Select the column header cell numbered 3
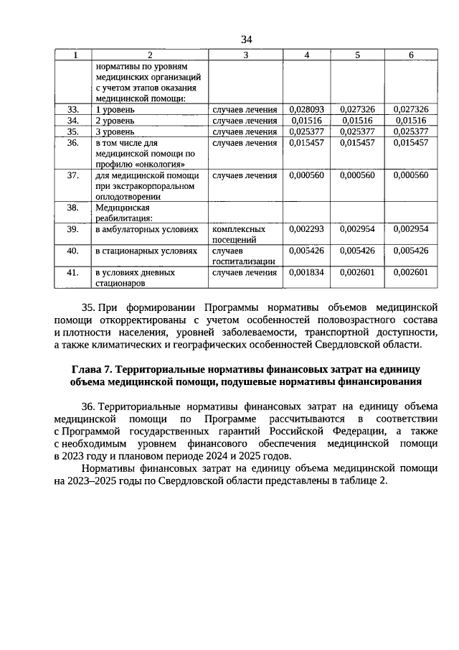point(245,55)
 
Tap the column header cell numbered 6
point(410,55)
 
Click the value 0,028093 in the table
point(307,110)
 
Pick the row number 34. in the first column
point(72,121)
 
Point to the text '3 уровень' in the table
point(114,132)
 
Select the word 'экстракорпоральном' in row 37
point(145,186)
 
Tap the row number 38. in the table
point(72,208)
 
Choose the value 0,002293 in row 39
point(307,229)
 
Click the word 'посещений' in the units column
point(235,240)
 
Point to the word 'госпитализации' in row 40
point(244,262)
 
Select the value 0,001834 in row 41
point(307,273)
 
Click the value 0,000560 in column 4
point(307,175)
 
